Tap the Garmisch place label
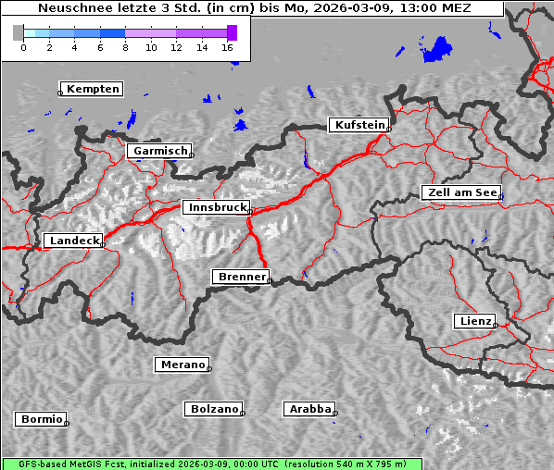160,151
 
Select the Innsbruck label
215,208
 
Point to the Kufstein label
359,125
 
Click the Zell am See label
460,192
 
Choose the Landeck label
73,241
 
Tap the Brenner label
241,277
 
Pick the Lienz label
474,321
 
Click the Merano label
182,365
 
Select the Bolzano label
214,409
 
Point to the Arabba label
309,408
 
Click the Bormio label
41,419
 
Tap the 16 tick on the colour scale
228,46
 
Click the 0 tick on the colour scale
23,46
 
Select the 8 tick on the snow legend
125,46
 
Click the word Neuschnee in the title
70,8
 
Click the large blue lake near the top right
436,50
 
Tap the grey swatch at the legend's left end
18,32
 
